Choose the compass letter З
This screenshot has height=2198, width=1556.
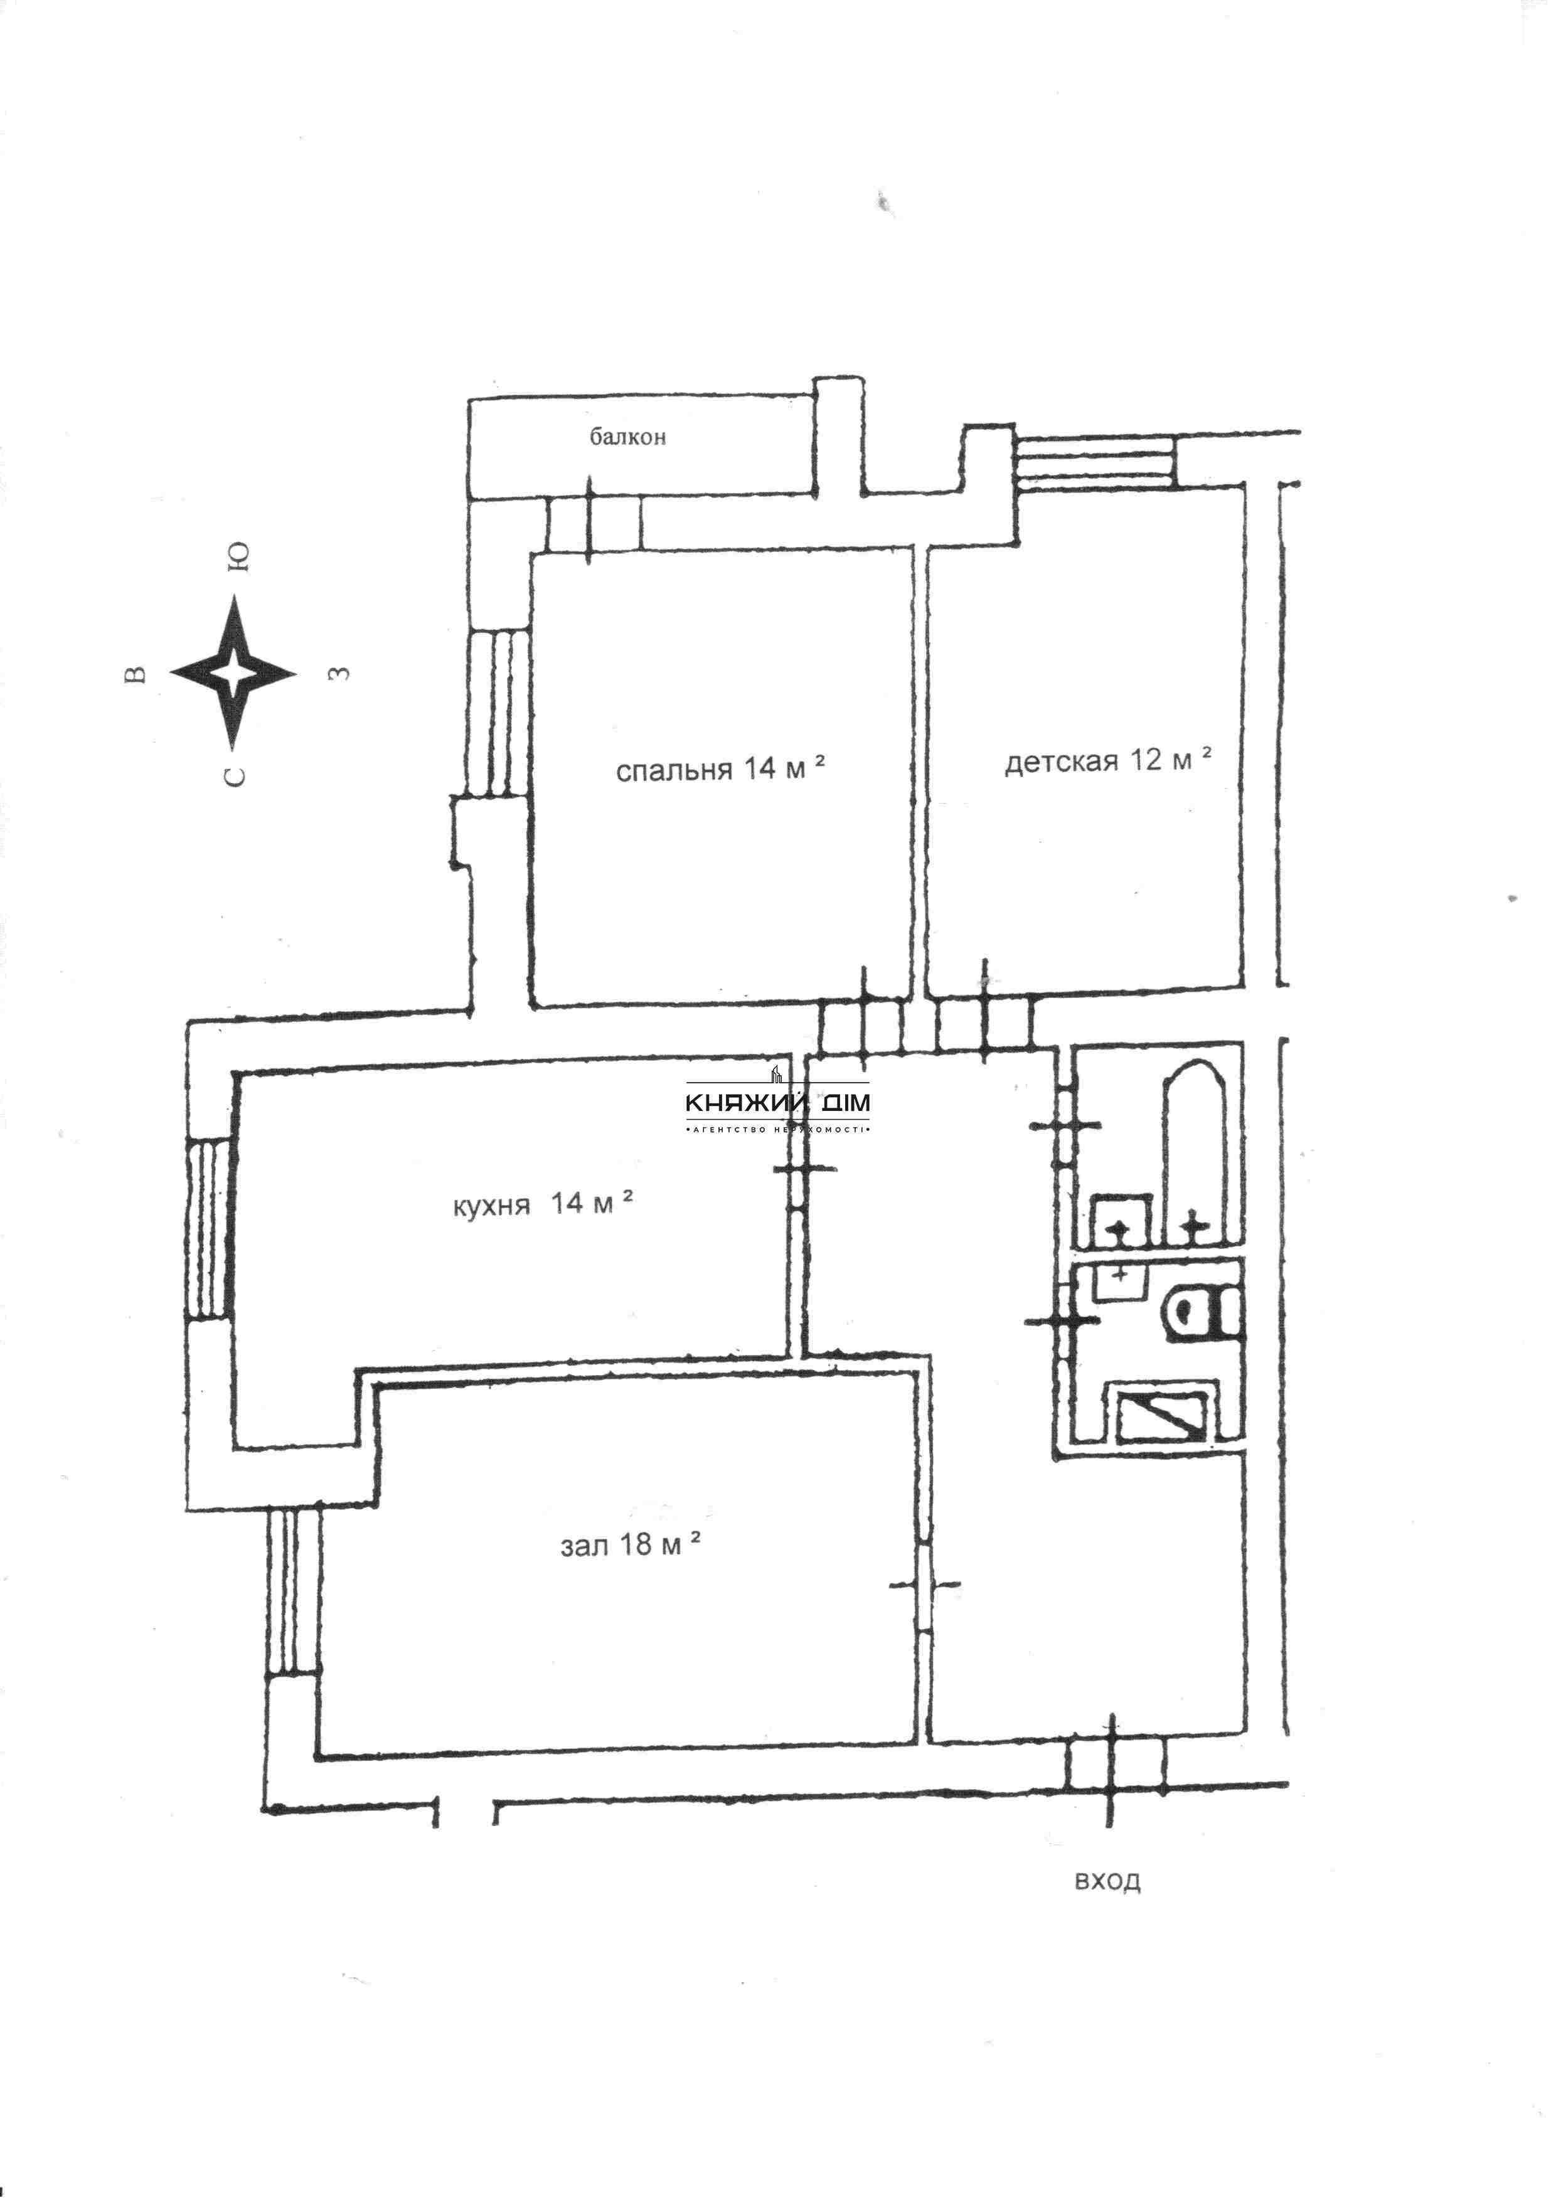(338, 673)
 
